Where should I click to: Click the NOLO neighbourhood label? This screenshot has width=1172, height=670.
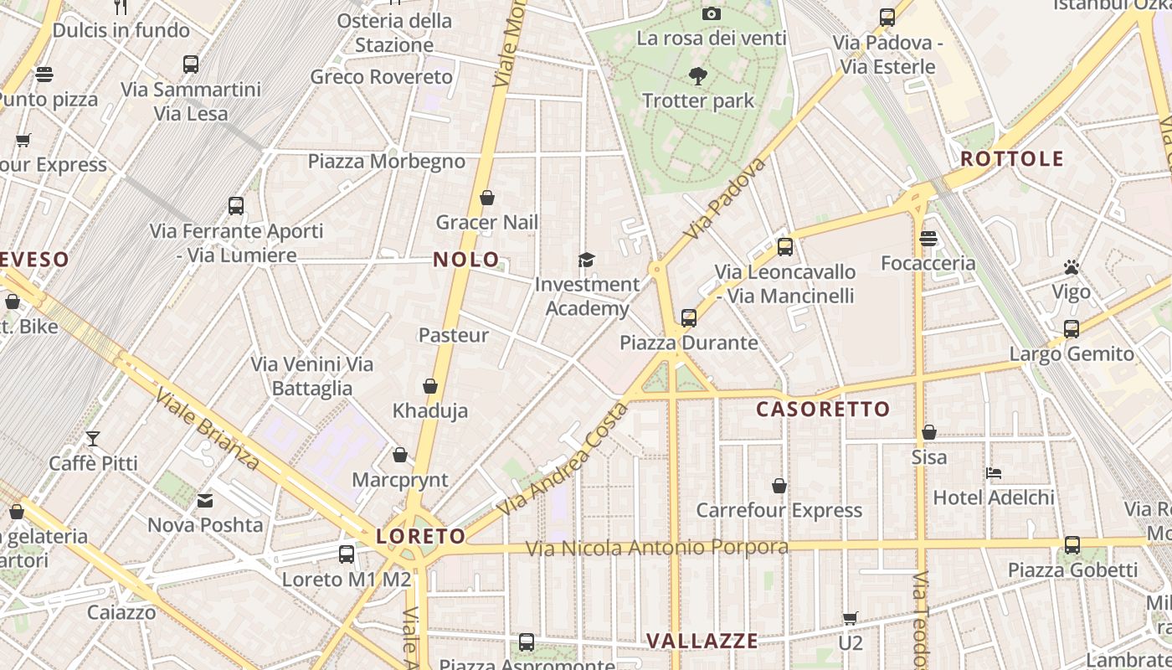click(466, 260)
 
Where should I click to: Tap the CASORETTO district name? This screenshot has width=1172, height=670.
click(823, 410)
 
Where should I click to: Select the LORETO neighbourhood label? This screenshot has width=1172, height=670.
click(420, 537)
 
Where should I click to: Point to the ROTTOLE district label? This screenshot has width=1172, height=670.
click(1011, 159)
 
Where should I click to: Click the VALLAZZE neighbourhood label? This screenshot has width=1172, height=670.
click(702, 642)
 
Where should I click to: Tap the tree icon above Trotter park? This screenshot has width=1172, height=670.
click(697, 77)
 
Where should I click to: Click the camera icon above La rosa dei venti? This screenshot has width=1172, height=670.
click(712, 13)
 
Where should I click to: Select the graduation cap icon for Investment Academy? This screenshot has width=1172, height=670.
click(586, 260)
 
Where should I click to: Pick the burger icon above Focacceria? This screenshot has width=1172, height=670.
click(928, 239)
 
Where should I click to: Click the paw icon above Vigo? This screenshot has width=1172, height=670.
click(1072, 267)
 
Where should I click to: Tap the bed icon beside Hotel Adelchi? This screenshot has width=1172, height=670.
click(994, 473)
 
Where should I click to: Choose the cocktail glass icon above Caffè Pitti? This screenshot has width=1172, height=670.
click(93, 439)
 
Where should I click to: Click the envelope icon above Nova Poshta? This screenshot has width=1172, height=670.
click(205, 501)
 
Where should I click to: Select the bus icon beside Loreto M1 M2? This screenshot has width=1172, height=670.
click(347, 554)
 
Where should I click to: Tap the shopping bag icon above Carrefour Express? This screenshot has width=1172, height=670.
click(779, 486)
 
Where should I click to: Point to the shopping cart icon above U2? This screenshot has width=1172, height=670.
click(851, 619)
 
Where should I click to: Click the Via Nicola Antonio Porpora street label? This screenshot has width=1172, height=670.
click(657, 548)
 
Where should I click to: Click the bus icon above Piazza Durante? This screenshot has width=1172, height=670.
click(689, 318)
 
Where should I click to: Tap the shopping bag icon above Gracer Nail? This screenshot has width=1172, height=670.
click(487, 198)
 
